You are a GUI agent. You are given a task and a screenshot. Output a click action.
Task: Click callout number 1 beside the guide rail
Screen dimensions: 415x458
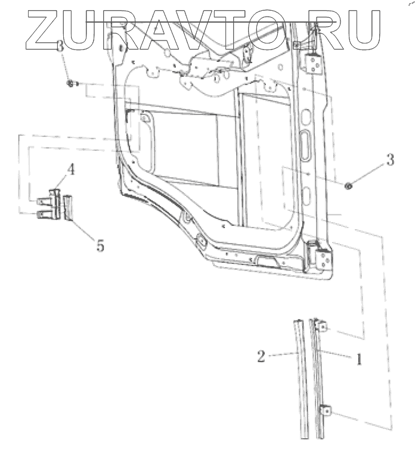tap(359, 359)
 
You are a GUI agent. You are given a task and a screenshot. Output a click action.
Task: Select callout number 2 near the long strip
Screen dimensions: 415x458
tap(261, 356)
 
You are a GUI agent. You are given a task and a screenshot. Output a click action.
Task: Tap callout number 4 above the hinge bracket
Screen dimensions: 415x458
tap(70, 169)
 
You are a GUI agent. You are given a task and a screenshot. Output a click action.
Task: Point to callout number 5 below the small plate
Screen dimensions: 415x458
tap(100, 245)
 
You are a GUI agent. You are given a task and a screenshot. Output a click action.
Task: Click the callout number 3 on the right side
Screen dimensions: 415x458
tap(390, 160)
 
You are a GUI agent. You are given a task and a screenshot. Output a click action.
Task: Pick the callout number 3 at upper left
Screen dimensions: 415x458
tap(60, 46)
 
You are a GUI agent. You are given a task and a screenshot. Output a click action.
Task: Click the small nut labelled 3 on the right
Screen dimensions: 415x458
tap(348, 185)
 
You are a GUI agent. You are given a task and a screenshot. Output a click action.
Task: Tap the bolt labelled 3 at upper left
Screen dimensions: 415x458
tap(72, 84)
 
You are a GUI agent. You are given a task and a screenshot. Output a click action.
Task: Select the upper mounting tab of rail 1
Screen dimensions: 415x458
tap(323, 326)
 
